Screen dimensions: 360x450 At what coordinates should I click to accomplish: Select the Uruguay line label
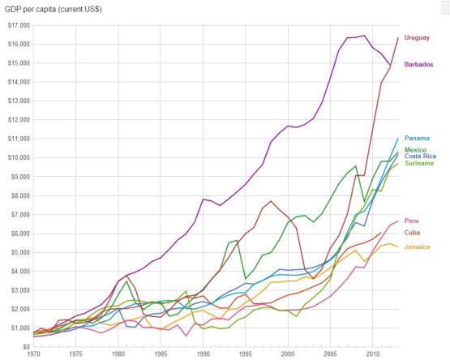tap(417, 37)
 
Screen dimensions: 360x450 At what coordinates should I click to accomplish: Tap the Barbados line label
tap(418, 64)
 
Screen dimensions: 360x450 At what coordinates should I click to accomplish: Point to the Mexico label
tap(415, 150)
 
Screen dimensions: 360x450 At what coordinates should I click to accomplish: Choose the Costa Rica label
tap(420, 156)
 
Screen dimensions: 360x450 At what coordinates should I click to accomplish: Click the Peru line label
tap(412, 221)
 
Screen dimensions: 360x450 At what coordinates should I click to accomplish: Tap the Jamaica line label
tap(417, 246)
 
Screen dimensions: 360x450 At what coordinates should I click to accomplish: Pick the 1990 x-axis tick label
tap(204, 354)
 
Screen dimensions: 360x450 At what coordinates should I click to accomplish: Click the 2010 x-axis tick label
tap(373, 354)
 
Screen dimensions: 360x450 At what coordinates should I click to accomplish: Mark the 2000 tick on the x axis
tap(288, 354)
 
